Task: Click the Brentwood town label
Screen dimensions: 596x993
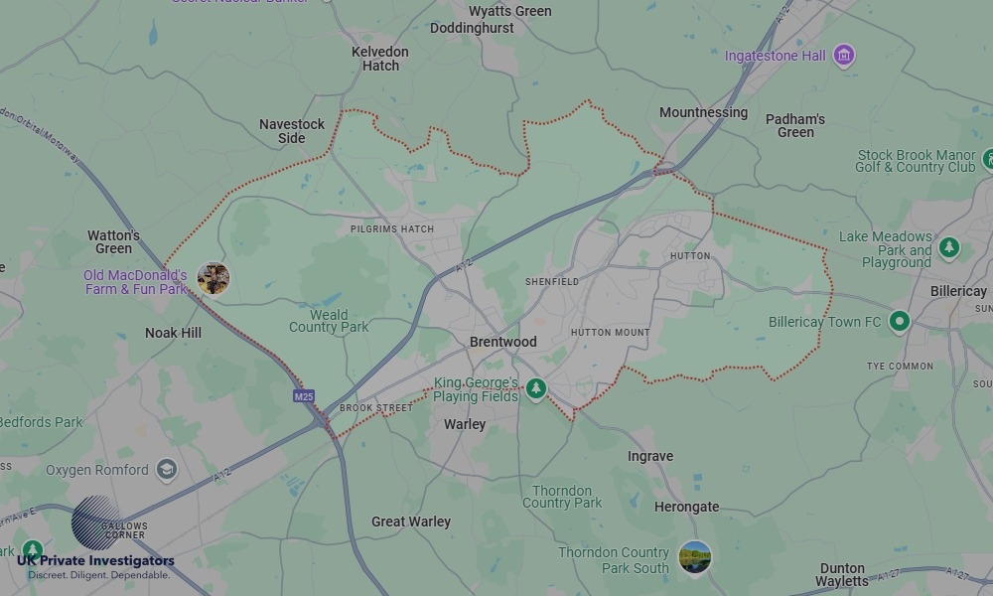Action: pos(502,342)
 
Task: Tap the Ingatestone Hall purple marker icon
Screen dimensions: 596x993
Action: pos(844,55)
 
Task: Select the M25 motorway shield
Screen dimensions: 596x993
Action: pos(304,396)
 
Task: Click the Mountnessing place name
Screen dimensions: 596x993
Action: pos(703,112)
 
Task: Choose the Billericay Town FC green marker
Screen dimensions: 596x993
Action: pos(900,321)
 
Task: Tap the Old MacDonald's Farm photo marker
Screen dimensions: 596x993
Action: pos(213,279)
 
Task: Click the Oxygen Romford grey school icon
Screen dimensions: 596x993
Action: pos(167,469)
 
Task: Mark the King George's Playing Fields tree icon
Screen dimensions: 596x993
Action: pos(536,388)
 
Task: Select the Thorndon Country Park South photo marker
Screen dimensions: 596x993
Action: pos(695,557)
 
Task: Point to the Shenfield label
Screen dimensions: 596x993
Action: pos(551,282)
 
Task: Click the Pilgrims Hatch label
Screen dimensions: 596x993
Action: pos(392,229)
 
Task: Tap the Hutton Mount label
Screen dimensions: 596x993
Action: pos(610,333)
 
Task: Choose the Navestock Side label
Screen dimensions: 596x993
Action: pos(292,131)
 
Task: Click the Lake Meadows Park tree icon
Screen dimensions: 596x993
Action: pos(949,247)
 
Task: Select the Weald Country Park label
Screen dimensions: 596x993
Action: pos(329,321)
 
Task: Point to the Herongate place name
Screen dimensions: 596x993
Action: pos(686,507)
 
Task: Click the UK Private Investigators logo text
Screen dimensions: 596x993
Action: pos(95,561)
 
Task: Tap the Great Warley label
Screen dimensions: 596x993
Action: pos(411,521)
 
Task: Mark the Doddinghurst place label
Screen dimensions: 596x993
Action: pos(472,28)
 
